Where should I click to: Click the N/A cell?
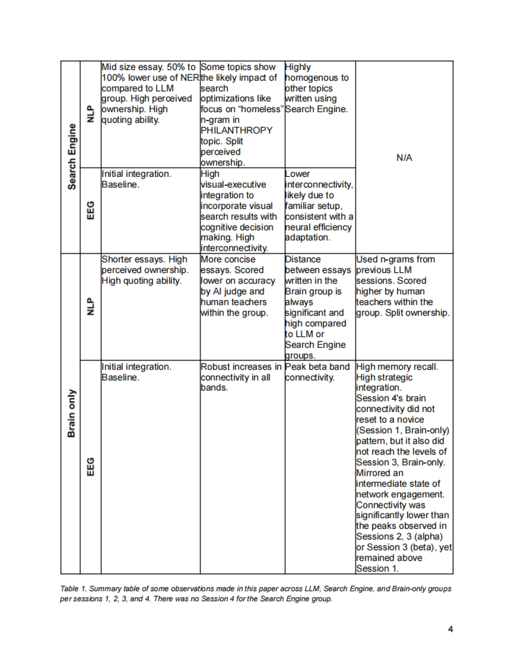(x=404, y=158)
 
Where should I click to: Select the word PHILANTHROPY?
(x=236, y=130)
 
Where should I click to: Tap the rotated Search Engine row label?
(x=72, y=156)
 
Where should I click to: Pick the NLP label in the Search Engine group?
(x=90, y=114)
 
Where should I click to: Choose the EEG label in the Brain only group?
(x=90, y=467)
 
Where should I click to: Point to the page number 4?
(x=450, y=629)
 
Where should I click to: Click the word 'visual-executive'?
(x=233, y=185)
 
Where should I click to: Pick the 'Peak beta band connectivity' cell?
(x=317, y=372)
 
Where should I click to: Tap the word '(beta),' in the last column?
(x=428, y=547)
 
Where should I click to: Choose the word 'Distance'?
(x=303, y=260)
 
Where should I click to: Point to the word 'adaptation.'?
(x=308, y=238)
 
